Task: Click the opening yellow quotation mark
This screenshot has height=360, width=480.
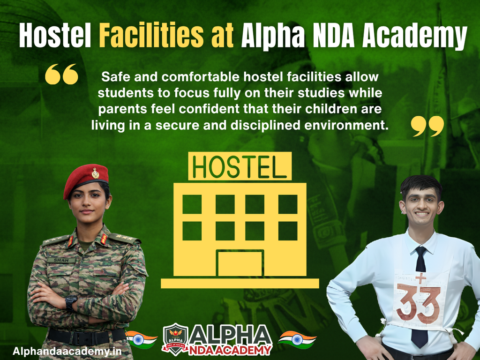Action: point(61,75)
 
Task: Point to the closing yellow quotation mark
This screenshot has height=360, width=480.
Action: point(427,127)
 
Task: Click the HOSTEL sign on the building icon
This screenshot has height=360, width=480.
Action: point(240,166)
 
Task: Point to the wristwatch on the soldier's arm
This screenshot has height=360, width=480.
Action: point(71,302)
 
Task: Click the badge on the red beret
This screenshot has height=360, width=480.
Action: point(96,173)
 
